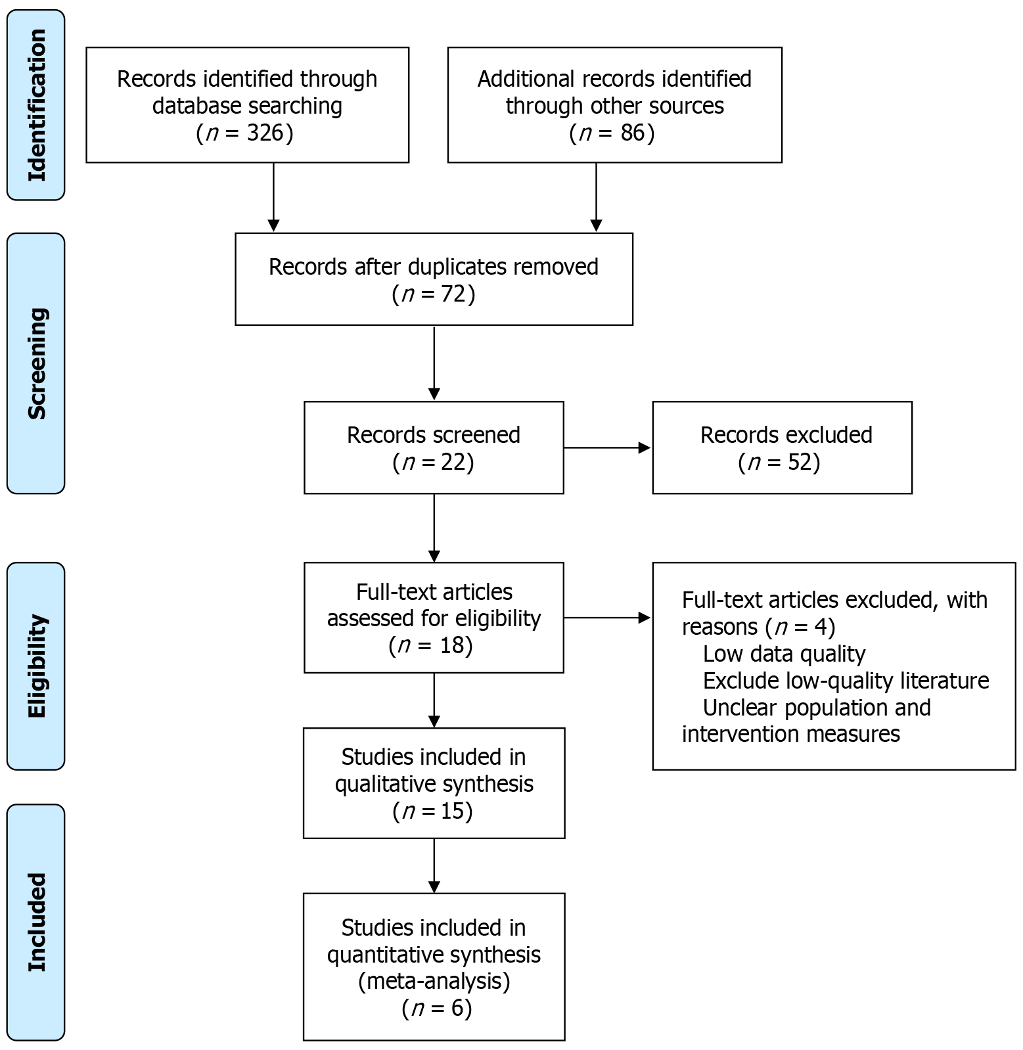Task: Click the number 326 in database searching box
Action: [x=265, y=133]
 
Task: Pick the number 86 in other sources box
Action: [x=633, y=133]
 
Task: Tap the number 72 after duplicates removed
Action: [x=453, y=294]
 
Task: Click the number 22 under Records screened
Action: [x=453, y=463]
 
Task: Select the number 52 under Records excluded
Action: [x=800, y=463]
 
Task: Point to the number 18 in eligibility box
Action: [x=452, y=645]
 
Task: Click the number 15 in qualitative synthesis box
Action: [x=452, y=811]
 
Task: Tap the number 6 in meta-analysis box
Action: [x=458, y=1008]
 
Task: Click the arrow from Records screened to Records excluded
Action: [x=607, y=448]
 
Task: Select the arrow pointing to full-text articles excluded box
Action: [x=607, y=618]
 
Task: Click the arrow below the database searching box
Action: [x=274, y=196]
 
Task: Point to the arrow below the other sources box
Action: [x=596, y=196]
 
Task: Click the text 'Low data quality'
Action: [x=784, y=654]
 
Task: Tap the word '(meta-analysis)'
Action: [x=434, y=981]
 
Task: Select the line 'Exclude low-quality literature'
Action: [x=846, y=681]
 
